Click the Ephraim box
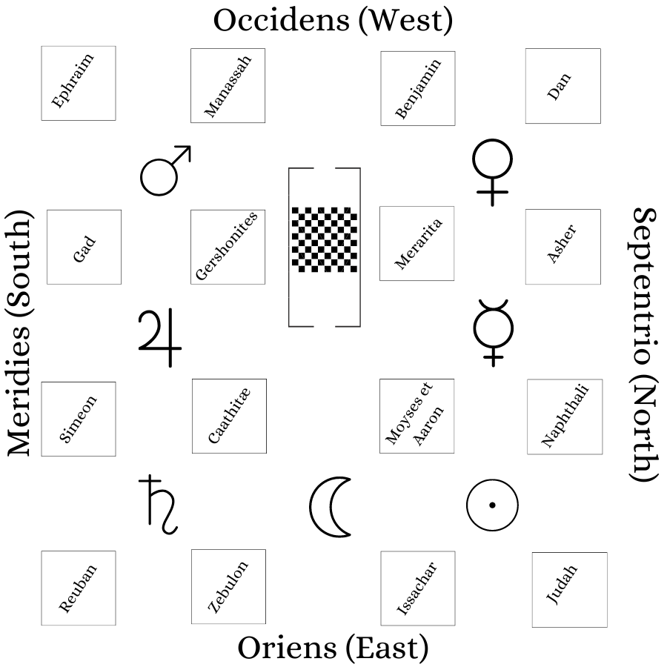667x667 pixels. pyautogui.click(x=79, y=83)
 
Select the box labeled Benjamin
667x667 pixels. pyautogui.click(x=418, y=88)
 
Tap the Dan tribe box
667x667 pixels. pyautogui.click(x=563, y=86)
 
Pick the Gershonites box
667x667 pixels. pyautogui.click(x=228, y=247)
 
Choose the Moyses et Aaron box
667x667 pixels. pyautogui.click(x=417, y=416)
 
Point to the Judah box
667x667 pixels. pyautogui.click(x=570, y=590)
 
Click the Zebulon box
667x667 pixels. pyautogui.click(x=228, y=587)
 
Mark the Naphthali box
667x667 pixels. pyautogui.click(x=565, y=417)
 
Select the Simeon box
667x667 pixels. pyautogui.click(x=79, y=419)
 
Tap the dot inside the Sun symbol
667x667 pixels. pyautogui.click(x=492, y=505)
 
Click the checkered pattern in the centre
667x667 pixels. pyautogui.click(x=325, y=239)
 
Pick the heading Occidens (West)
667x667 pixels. pyautogui.click(x=333, y=21)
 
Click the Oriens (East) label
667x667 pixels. pyautogui.click(x=333, y=648)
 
